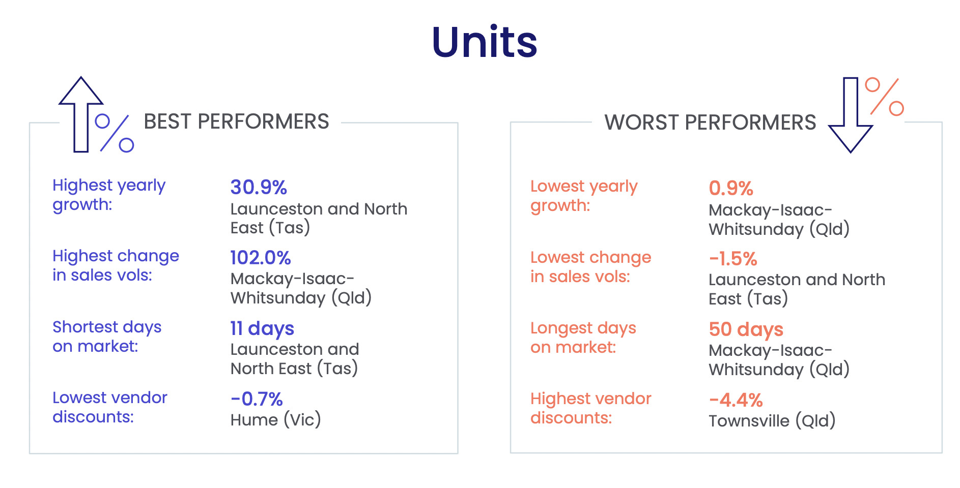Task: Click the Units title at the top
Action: pos(484,42)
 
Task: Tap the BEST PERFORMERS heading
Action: pos(236,122)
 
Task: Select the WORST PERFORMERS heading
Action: pos(710,123)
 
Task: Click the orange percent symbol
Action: pos(885,97)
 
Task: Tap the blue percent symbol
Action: pos(115,133)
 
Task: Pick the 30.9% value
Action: pos(259,187)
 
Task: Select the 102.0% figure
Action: pos(261,258)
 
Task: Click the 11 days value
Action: pos(262,329)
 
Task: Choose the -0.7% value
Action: pos(257,399)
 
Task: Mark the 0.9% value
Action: pos(731,188)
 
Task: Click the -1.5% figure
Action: pos(733,259)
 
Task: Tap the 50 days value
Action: pos(746,330)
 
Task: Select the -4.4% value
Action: pos(736,400)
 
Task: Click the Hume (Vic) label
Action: pos(275,420)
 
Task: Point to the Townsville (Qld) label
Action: pos(772,421)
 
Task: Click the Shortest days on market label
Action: pos(107,337)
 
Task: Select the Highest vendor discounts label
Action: pos(591,408)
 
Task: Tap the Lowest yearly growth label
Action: pos(584,196)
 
